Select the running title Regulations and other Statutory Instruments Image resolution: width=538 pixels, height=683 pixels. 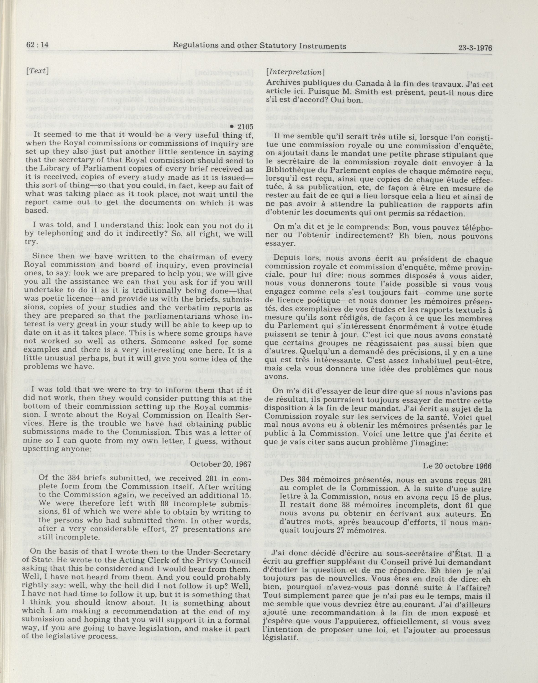coord(260,46)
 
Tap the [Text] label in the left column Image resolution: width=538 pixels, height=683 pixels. coord(37,71)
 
